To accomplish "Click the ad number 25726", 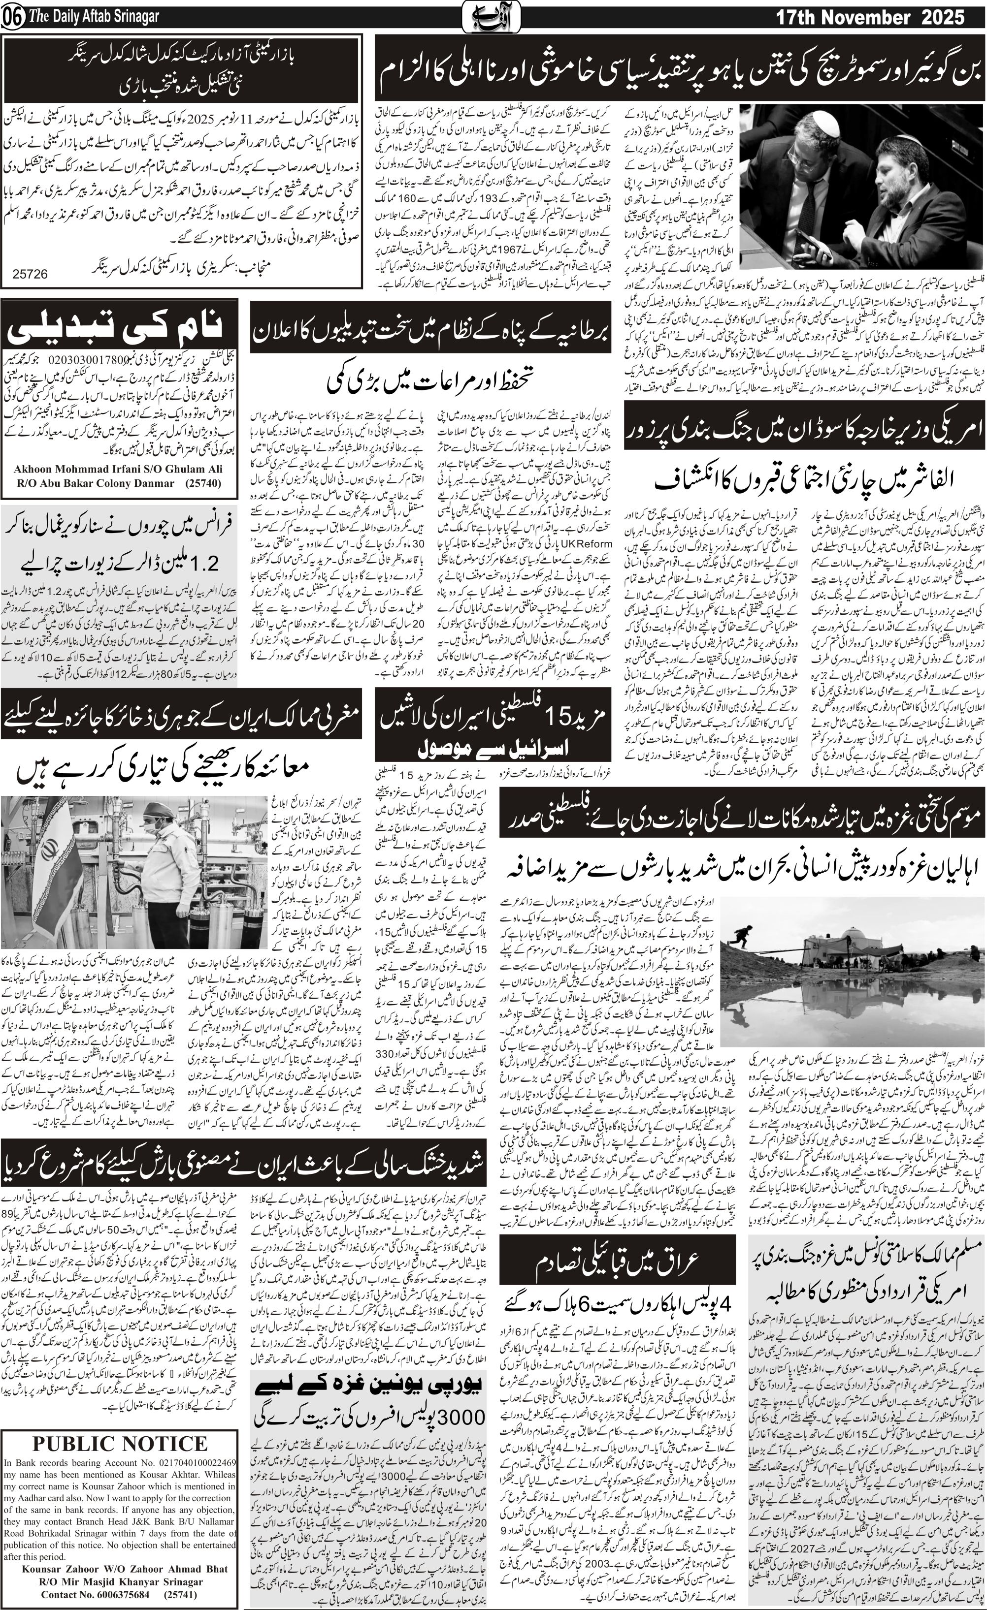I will click(x=30, y=275).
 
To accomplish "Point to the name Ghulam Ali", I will click(x=194, y=469).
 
